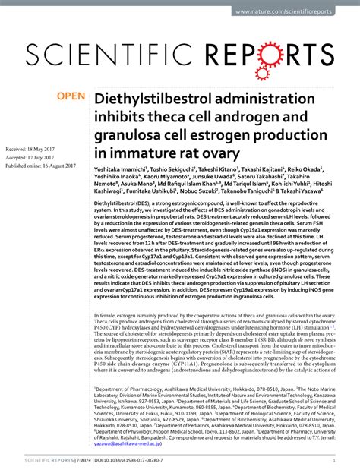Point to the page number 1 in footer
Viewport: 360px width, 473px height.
click(334, 459)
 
